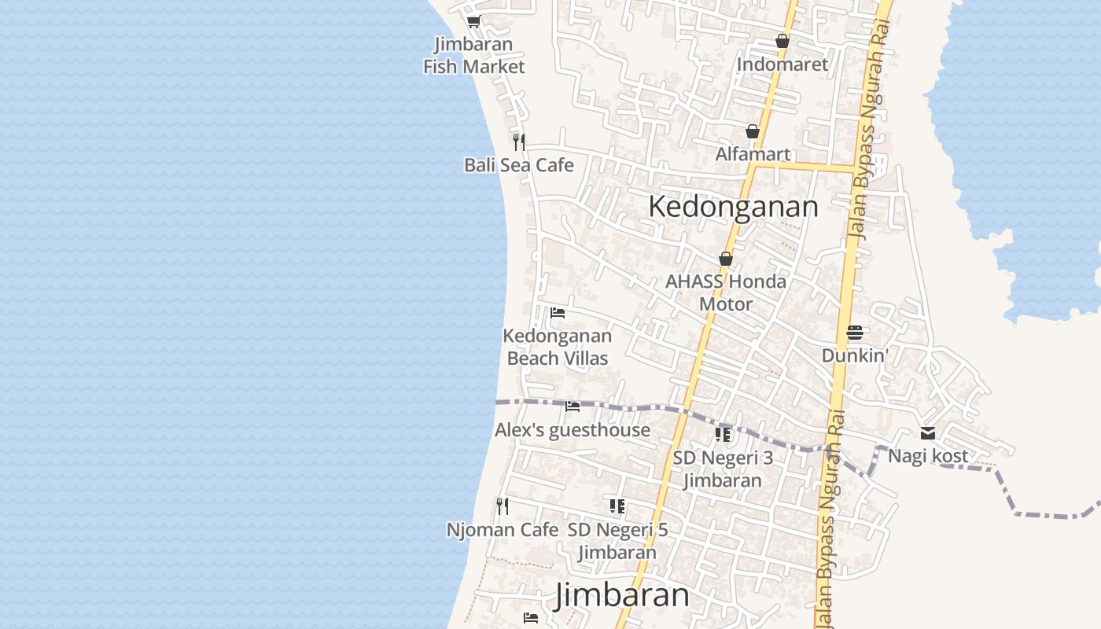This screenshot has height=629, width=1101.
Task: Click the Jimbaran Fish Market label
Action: click(x=473, y=55)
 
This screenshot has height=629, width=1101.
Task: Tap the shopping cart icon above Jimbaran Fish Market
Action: click(x=473, y=21)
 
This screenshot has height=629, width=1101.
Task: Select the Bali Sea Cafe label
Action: click(x=518, y=165)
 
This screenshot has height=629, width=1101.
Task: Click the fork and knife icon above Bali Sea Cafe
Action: click(x=518, y=142)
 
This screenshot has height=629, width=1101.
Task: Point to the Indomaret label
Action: click(x=782, y=64)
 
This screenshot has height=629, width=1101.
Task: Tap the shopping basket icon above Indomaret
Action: click(x=782, y=41)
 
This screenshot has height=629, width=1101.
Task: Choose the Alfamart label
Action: click(x=752, y=154)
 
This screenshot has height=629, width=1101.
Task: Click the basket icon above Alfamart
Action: click(x=752, y=131)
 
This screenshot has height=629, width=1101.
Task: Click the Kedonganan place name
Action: click(x=733, y=207)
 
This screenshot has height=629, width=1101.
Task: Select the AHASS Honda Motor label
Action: click(x=725, y=292)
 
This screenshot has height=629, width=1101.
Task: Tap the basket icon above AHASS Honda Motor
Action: click(x=725, y=259)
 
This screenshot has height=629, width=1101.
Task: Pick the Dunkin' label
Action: click(x=855, y=355)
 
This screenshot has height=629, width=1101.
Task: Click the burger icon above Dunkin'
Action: click(x=855, y=333)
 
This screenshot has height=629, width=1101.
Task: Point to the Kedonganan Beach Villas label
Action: click(x=557, y=347)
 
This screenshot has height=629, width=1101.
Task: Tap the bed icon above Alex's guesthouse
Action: click(x=573, y=406)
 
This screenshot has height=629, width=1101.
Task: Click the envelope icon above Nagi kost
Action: click(x=928, y=433)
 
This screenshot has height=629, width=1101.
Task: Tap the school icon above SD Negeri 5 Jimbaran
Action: click(x=617, y=506)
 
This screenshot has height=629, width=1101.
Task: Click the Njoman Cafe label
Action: click(x=502, y=530)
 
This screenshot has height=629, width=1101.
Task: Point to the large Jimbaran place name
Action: click(x=621, y=595)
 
